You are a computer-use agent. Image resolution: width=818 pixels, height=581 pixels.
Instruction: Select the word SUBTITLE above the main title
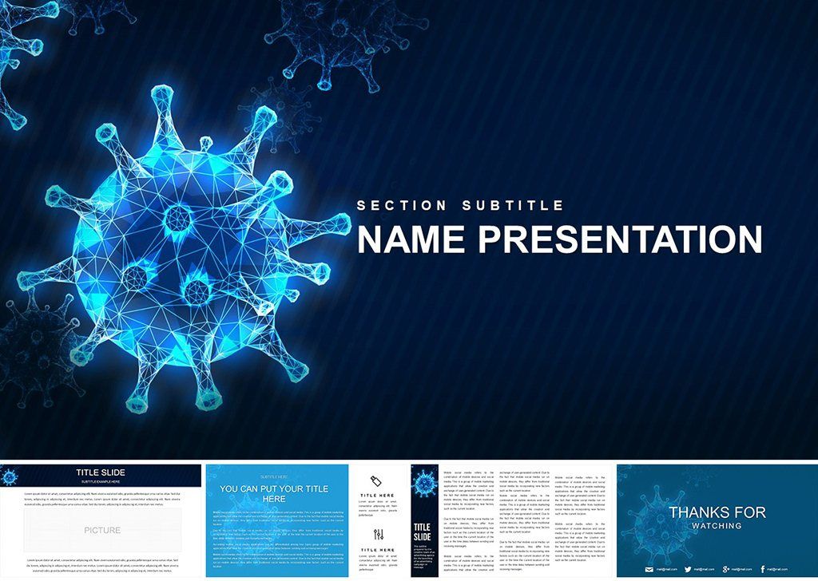[x=513, y=205]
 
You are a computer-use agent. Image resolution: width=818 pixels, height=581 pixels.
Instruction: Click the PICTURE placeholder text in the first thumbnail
[x=102, y=530]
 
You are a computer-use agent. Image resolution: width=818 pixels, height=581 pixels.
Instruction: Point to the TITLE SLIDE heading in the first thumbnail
[x=101, y=472]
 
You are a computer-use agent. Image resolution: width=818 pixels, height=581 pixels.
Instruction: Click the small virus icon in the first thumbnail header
[x=10, y=477]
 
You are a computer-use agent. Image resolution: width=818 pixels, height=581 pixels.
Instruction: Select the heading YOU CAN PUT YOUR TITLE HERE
[x=275, y=493]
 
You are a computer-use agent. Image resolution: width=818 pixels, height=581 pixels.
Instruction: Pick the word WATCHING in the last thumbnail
[x=717, y=526]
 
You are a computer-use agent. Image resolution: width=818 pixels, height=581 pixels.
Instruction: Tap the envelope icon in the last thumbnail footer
[x=649, y=569]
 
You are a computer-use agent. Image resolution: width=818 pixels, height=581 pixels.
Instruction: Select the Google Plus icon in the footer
[x=725, y=569]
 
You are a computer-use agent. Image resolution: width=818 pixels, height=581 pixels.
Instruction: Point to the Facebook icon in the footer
[x=763, y=569]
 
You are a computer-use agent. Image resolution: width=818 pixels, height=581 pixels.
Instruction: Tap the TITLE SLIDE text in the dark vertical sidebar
[x=422, y=532]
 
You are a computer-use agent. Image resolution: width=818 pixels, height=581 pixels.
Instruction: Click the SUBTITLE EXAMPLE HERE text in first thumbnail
[x=101, y=481]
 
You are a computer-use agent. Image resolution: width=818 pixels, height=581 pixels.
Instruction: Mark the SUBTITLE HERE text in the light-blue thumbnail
[x=275, y=476]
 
